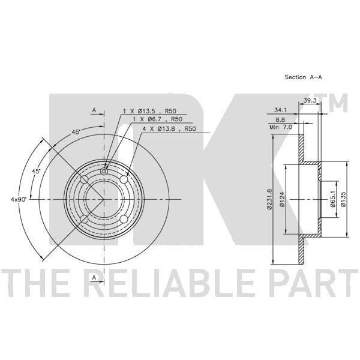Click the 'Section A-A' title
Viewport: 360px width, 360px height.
(x=303, y=77)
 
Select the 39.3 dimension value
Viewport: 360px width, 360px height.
(x=310, y=100)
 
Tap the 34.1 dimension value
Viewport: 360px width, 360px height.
(x=280, y=110)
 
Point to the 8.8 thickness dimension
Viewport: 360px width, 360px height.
(x=280, y=120)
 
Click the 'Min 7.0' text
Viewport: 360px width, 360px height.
(x=281, y=127)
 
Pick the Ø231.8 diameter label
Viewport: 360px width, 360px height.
(x=269, y=199)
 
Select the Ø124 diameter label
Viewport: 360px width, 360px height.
(x=282, y=199)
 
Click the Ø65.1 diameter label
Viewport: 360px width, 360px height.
(x=333, y=199)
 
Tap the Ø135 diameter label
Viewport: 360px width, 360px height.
(x=343, y=199)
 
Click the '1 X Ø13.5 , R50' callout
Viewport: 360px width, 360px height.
(x=149, y=111)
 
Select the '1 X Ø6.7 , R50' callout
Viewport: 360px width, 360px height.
(x=158, y=119)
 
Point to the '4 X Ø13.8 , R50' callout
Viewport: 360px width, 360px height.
(x=169, y=128)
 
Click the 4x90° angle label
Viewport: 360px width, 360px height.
(x=19, y=199)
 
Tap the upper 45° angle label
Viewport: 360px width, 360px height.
(x=76, y=132)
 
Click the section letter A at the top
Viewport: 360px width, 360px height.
(x=94, y=110)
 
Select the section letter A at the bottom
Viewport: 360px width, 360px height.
(x=94, y=277)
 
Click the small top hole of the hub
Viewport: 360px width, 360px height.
(x=104, y=171)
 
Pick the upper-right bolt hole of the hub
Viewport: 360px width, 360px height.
(x=124, y=179)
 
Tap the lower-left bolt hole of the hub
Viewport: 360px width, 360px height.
(x=84, y=219)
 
